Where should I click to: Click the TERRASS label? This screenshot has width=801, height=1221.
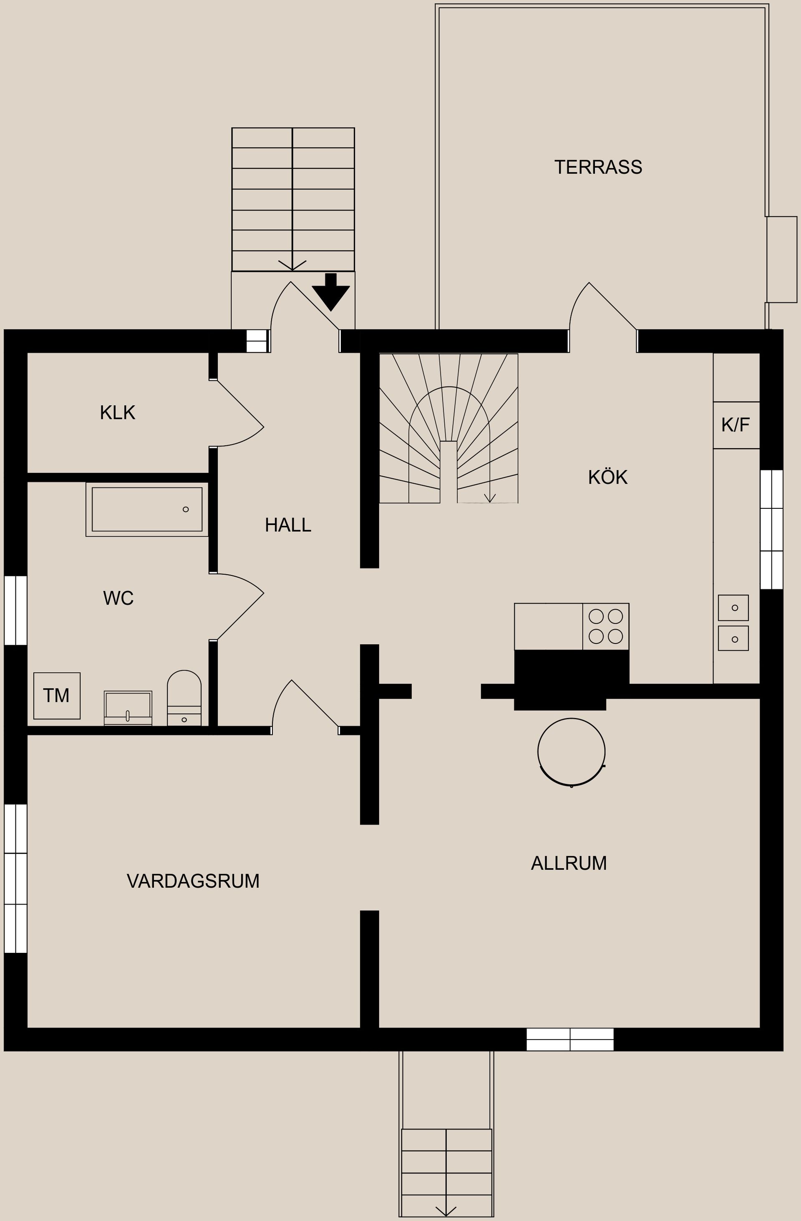[598, 167]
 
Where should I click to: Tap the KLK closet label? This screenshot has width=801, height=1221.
[118, 412]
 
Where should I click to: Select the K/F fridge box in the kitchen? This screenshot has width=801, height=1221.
[736, 425]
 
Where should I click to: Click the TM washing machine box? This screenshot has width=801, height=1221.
[56, 695]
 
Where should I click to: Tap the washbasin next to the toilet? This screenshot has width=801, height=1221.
[128, 708]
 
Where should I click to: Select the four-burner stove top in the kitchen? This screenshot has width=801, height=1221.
[605, 626]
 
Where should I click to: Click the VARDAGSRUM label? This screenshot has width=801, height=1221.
[193, 881]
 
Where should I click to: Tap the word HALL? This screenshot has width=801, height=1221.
[288, 525]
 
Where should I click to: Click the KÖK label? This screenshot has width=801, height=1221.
[607, 477]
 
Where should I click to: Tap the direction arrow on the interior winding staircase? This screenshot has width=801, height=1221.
[489, 497]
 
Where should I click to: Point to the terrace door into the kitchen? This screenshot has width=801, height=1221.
[603, 316]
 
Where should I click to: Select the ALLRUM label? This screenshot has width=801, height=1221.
[569, 863]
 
